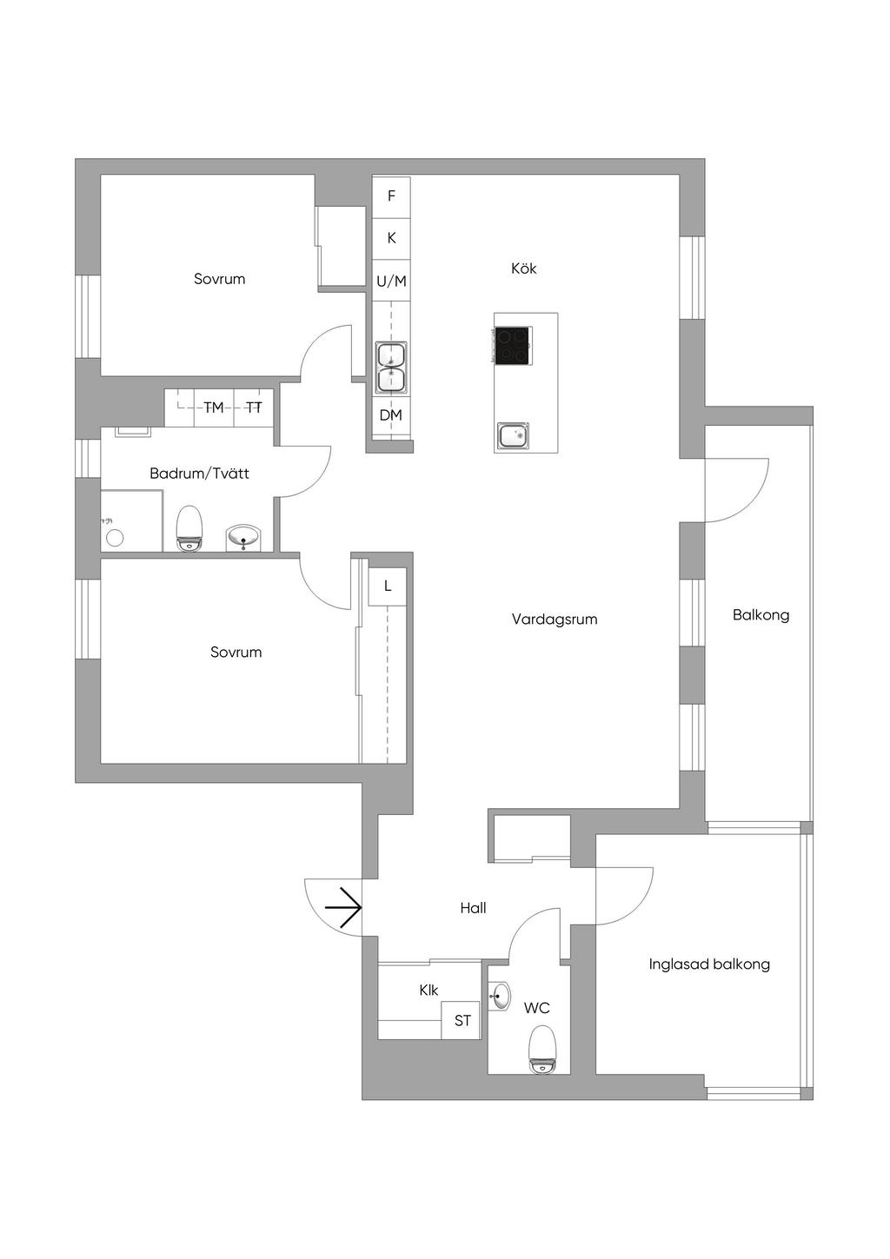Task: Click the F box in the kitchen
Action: pos(391,196)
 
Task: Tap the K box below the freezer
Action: pos(391,238)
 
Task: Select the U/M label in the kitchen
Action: pos(391,282)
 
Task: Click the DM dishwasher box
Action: pos(391,415)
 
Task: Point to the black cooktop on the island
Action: pos(513,345)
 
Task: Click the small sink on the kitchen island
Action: pos(513,434)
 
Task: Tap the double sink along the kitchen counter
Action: pos(392,368)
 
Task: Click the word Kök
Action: pos(524,268)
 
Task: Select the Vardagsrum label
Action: pos(555,620)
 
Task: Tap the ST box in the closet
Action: pos(462,1021)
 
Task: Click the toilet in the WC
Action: pos(542,1049)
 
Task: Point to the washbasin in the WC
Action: pos(500,996)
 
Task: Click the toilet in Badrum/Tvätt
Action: pos(189,529)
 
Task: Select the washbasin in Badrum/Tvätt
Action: pos(243,537)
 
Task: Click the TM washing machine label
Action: pos(214,408)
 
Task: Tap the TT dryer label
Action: pos(254,408)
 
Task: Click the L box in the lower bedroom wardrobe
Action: pos(388,586)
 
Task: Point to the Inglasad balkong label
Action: pos(709,964)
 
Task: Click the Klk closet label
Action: pos(428,990)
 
